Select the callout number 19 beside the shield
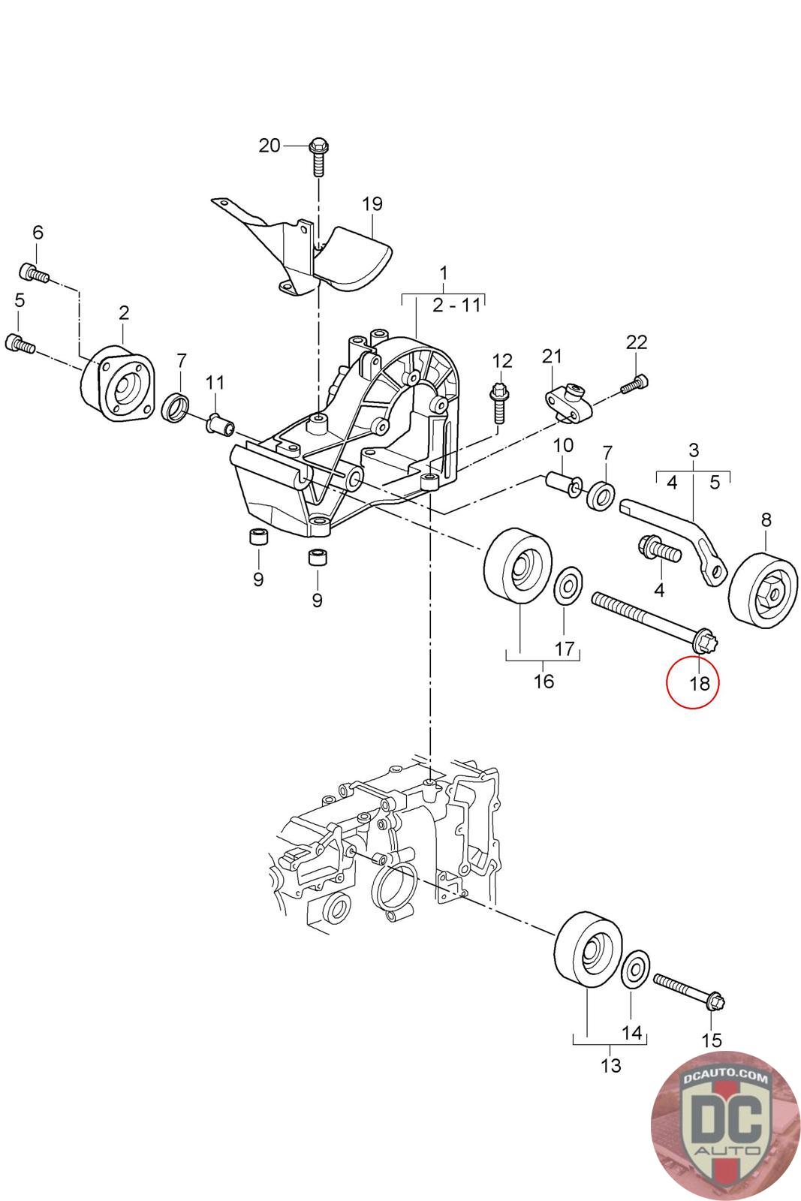pos(372,203)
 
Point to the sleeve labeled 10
pos(561,483)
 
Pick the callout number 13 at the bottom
pos(611,1065)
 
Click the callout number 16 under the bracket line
pos(544,681)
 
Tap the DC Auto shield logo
pos(725,1126)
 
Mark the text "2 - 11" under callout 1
pos(455,306)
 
